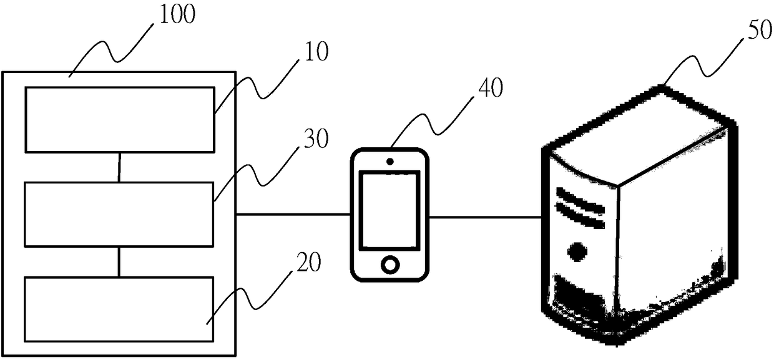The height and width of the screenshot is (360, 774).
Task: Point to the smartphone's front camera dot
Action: tap(390, 162)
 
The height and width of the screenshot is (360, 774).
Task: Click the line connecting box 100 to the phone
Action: tap(292, 215)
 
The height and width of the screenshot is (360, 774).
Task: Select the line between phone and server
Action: tap(486, 218)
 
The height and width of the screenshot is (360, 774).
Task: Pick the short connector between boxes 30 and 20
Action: tap(119, 261)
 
